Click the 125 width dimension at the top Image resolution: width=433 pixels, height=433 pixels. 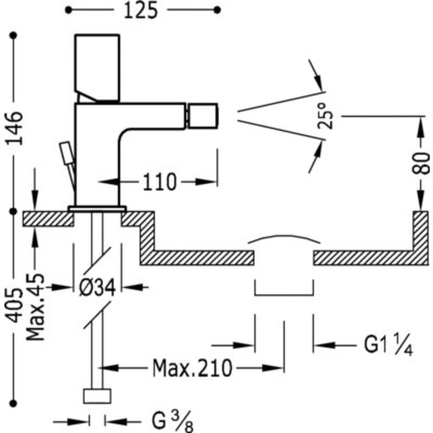point(141,11)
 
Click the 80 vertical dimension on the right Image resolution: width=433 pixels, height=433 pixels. point(421,162)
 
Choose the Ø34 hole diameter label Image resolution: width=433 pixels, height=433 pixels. point(97,288)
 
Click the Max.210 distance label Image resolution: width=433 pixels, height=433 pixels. point(192,369)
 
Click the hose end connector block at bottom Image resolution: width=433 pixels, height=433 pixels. point(97,396)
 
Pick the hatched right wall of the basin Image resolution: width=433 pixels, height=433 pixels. point(420,236)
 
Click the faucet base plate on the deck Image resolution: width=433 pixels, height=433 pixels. point(97,209)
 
